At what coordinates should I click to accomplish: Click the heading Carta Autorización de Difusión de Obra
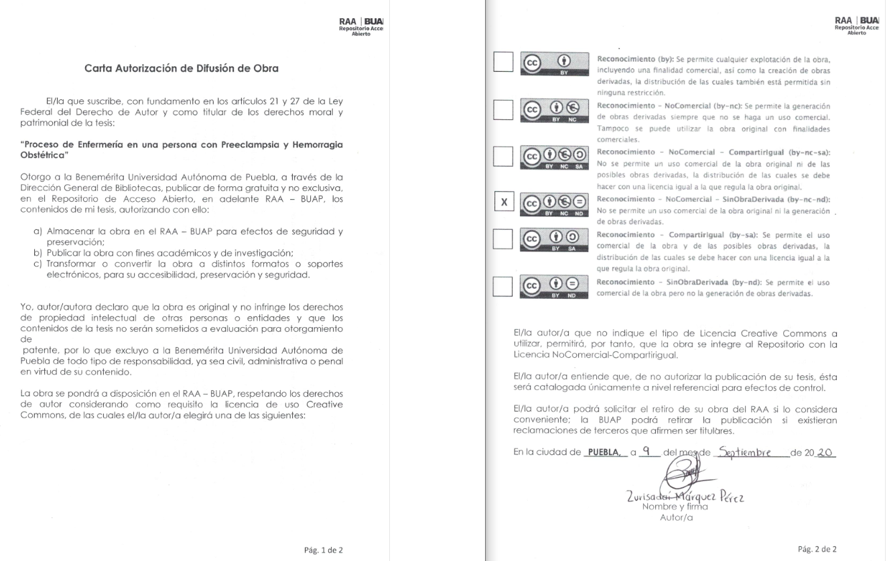pos(181,68)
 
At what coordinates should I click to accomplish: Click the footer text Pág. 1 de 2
pos(325,550)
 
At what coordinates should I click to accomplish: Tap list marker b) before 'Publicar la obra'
pos(38,252)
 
